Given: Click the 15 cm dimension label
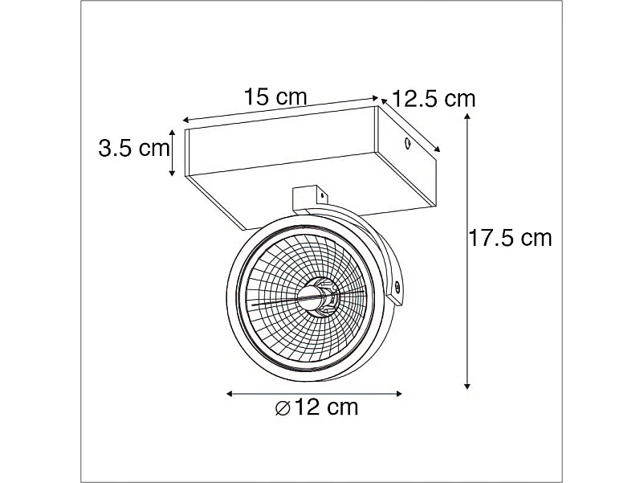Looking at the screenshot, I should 275,97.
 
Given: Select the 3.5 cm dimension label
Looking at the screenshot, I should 133,148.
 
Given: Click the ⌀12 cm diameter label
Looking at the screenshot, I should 316,407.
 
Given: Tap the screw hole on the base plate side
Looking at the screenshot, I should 407,144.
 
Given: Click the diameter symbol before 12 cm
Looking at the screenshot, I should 282,407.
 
